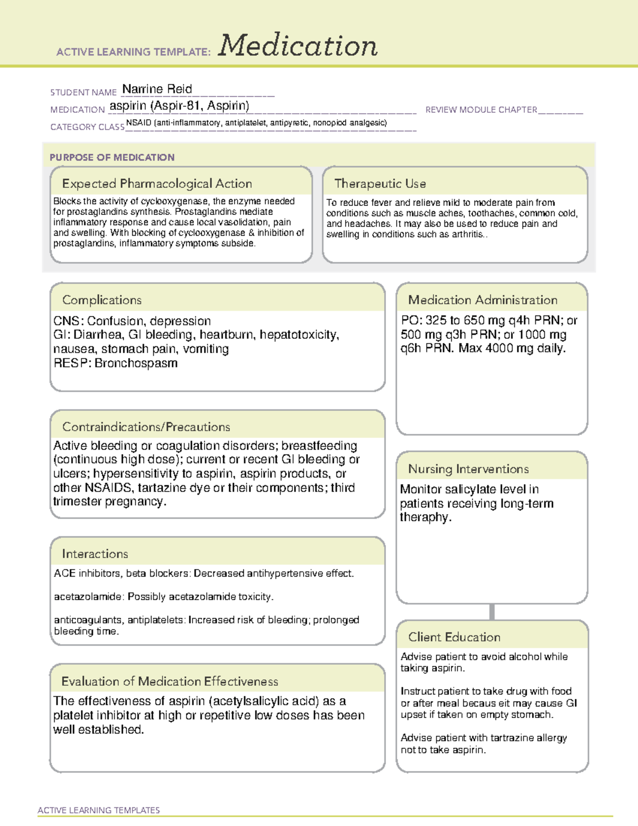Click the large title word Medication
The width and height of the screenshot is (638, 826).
click(x=298, y=46)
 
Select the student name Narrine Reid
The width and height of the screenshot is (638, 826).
click(x=157, y=89)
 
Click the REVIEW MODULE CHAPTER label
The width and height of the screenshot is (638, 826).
click(x=481, y=110)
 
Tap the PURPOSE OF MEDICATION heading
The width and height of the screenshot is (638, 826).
click(x=112, y=157)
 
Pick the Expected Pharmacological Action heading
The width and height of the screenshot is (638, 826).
click(x=157, y=183)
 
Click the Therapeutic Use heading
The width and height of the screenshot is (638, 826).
click(x=380, y=183)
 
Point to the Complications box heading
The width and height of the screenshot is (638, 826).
click(x=102, y=300)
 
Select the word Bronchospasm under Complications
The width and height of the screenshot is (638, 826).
click(x=136, y=363)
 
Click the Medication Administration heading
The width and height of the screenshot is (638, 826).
click(x=482, y=300)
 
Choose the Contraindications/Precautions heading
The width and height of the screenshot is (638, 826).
click(x=146, y=427)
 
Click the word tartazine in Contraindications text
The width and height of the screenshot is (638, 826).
click(x=163, y=488)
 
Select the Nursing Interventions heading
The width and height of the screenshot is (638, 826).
click(x=468, y=469)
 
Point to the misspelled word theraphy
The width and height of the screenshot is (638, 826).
click(x=425, y=518)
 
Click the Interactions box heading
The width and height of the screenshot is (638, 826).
click(x=95, y=554)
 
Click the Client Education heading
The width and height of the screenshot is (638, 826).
click(x=454, y=637)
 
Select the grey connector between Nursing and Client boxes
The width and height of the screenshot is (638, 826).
click(x=492, y=612)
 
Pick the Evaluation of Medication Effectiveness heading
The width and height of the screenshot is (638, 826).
click(x=170, y=681)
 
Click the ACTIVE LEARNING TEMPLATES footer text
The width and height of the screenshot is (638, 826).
click(x=98, y=810)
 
